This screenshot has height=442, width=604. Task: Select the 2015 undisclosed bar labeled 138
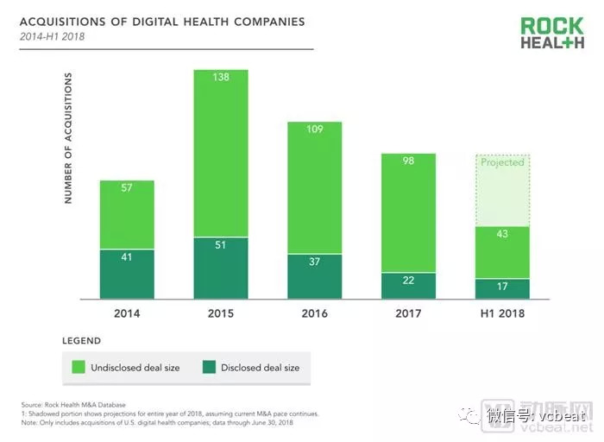[221, 151]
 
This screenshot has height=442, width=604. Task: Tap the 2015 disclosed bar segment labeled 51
[221, 268]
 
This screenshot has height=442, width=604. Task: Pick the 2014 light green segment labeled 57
[127, 214]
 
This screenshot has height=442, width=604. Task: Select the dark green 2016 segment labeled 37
[315, 276]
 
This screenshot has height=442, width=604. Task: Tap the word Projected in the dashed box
[502, 162]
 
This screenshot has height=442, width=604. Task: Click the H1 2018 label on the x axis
[502, 313]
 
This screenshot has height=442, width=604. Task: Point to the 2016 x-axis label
[315, 313]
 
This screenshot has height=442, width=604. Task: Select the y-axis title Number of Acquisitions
[68, 139]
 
